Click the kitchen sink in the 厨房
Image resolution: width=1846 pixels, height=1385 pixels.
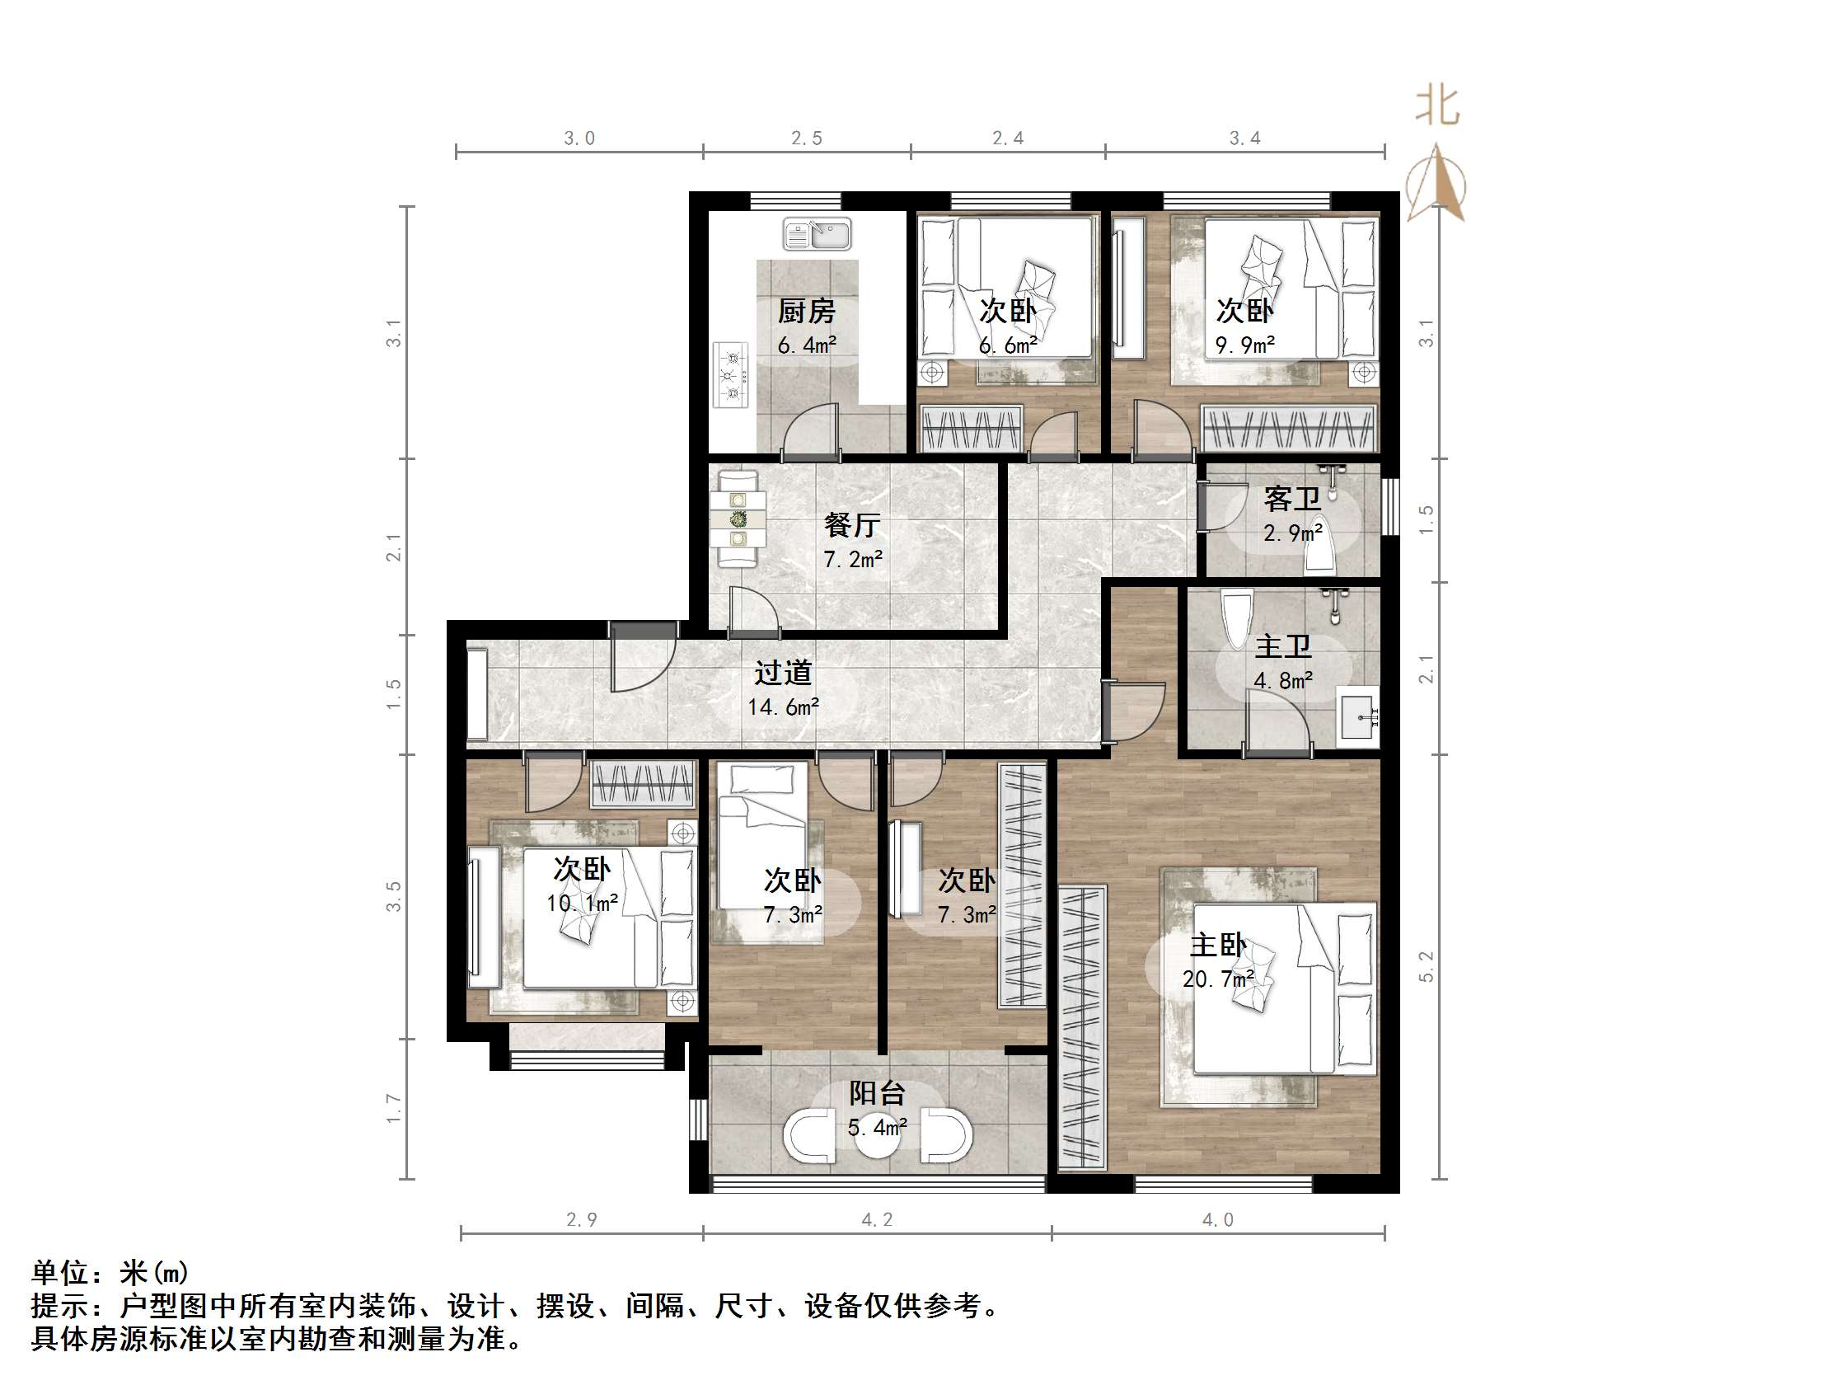[x=817, y=235]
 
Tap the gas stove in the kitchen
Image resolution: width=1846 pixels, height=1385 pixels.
[x=732, y=375]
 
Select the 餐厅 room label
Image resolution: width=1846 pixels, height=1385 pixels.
[x=852, y=525]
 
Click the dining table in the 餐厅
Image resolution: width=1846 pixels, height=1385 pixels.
[x=738, y=519]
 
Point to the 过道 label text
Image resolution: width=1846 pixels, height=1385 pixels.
[x=783, y=673]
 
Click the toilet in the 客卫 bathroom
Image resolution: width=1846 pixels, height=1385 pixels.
[x=1320, y=547]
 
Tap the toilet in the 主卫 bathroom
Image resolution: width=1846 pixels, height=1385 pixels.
[x=1236, y=617]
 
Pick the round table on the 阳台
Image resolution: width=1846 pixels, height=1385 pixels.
[x=877, y=1135]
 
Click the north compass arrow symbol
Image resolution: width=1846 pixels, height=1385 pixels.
[x=1436, y=182]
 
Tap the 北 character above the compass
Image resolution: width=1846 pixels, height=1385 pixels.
[x=1437, y=107]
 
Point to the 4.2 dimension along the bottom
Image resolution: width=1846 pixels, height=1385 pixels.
[x=877, y=1219]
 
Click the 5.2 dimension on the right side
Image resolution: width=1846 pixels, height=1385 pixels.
[x=1427, y=966]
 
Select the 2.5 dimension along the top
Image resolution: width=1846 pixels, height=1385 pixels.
[x=806, y=138]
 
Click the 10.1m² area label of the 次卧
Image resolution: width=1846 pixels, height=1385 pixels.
[x=582, y=903]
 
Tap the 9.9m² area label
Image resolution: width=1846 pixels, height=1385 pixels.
[x=1244, y=345]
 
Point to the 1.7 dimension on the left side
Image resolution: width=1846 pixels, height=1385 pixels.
[x=394, y=1109]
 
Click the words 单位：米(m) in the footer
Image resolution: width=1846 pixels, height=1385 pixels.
[x=110, y=1272]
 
